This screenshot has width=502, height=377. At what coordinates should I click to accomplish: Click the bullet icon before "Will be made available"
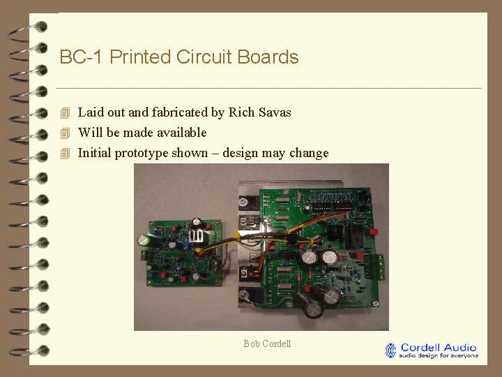(66, 133)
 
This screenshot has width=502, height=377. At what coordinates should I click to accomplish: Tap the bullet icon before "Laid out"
(66, 112)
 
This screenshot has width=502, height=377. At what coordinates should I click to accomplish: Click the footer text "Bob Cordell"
(267, 343)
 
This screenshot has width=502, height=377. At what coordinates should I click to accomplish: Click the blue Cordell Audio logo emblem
(390, 350)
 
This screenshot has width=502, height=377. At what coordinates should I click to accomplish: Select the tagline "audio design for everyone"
(439, 355)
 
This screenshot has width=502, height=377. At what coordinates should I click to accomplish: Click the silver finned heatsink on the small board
(199, 235)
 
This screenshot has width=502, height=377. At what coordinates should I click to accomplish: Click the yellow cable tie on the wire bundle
(238, 236)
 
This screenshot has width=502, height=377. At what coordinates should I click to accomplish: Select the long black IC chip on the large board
(324, 207)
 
